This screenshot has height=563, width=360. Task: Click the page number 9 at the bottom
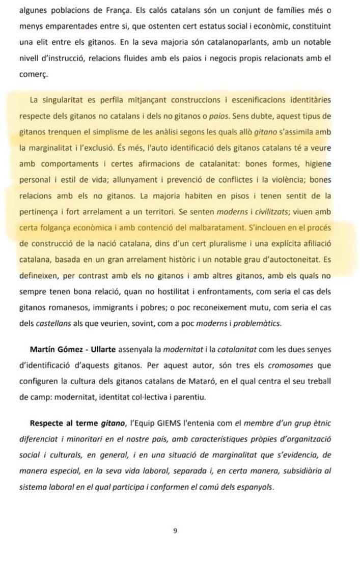click(x=175, y=530)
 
